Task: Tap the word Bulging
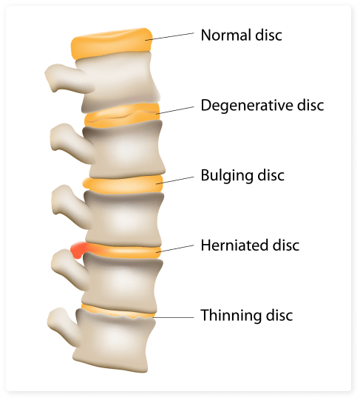click(227, 176)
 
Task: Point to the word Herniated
click(234, 245)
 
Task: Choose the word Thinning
click(231, 316)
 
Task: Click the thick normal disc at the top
click(112, 44)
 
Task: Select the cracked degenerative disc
click(122, 115)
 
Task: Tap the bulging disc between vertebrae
click(123, 184)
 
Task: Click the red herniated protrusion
click(78, 249)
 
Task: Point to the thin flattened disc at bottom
click(118, 311)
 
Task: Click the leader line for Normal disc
click(170, 36)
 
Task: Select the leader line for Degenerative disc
click(175, 110)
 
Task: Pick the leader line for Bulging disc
click(175, 180)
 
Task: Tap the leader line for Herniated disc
click(175, 248)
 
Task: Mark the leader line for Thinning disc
click(174, 318)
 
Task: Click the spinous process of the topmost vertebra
click(67, 78)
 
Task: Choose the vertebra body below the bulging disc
click(123, 218)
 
